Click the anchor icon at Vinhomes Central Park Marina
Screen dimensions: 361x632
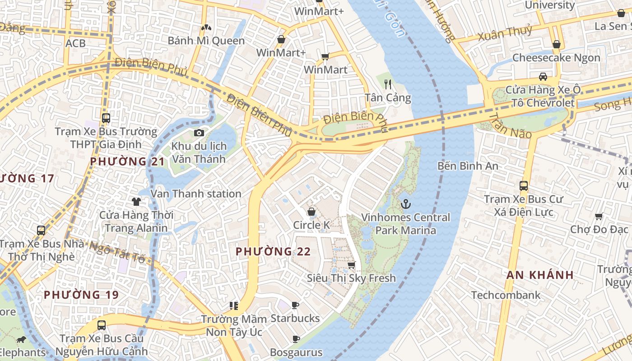(406, 204)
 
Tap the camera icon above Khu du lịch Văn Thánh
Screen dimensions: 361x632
(199, 133)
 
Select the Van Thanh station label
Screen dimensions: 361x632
(195, 194)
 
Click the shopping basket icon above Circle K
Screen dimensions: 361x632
(311, 212)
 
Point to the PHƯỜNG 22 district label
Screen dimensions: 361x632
(273, 251)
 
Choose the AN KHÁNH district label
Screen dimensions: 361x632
(540, 275)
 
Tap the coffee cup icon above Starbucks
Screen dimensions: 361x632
(295, 305)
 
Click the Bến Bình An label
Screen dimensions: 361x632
(468, 166)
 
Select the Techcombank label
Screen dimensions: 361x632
(506, 295)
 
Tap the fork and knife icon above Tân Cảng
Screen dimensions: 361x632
(387, 84)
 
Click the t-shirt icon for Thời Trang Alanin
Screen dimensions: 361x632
(136, 201)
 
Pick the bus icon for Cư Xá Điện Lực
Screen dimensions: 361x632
(523, 185)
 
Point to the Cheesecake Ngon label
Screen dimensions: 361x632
(556, 58)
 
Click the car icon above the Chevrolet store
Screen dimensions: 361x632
(543, 76)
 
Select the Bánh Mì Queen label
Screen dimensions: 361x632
(206, 41)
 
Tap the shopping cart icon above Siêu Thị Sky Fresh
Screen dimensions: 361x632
(351, 265)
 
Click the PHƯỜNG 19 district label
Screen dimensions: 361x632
(81, 295)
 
